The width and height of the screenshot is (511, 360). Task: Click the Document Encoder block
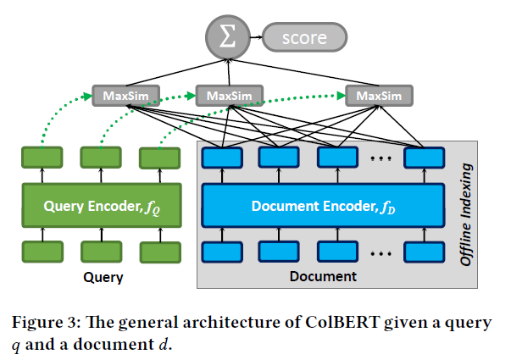click(x=322, y=205)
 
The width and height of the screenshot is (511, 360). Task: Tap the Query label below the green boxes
click(x=103, y=277)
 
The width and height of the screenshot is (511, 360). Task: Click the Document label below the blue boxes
click(x=323, y=277)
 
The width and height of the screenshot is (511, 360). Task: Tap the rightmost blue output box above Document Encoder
click(x=424, y=158)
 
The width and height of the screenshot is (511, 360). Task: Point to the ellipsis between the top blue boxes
click(x=381, y=156)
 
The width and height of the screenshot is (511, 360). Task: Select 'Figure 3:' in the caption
click(x=49, y=323)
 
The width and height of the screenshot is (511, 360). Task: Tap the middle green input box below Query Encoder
click(x=97, y=252)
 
